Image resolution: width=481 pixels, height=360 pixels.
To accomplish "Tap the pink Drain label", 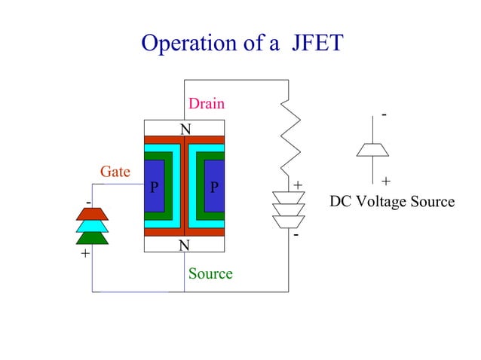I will (x=206, y=103).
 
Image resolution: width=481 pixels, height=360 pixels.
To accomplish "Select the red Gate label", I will (x=115, y=172).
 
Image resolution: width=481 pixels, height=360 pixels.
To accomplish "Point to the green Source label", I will (x=210, y=273).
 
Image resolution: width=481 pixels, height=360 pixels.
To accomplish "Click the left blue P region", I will (x=154, y=186).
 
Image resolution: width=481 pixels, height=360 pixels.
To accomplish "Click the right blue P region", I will (x=214, y=186).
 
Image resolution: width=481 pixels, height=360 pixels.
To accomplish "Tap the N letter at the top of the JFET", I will (x=184, y=129).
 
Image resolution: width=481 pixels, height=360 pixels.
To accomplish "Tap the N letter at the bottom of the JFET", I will (x=184, y=246).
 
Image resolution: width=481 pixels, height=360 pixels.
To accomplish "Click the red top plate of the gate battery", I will (x=93, y=213).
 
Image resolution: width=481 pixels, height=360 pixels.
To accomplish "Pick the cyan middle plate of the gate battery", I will (x=93, y=225).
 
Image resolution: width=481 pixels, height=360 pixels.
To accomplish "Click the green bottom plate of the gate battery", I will (x=93, y=237).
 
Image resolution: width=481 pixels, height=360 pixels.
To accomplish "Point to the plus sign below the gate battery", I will (x=84, y=254).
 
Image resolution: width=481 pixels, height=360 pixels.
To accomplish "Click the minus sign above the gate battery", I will (x=87, y=203).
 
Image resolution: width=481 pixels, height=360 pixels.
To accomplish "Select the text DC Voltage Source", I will (x=392, y=202).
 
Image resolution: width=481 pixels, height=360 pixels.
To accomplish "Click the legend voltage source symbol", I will (x=372, y=149).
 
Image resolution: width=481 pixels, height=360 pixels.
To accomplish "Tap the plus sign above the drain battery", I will (x=298, y=185).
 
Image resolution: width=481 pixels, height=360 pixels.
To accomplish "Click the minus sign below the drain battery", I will (x=296, y=235).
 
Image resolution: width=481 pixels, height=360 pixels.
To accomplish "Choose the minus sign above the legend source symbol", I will (x=384, y=114).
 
